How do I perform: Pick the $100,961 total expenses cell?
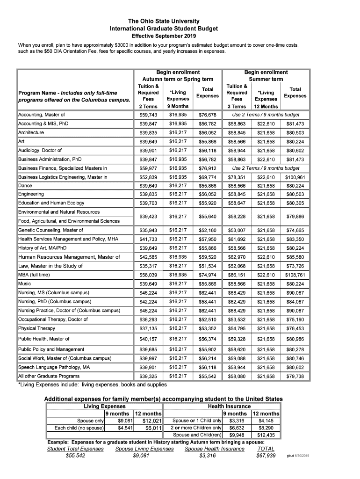coord(295,177)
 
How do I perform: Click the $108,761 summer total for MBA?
coord(295,275)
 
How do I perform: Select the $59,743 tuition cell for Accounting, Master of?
coord(148,115)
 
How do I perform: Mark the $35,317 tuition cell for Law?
coord(148,266)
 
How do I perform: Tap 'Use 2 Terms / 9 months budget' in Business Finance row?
coord(266,168)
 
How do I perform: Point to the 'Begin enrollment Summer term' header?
coord(266,76)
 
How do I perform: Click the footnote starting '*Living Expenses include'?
coord(92,385)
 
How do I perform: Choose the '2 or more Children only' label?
coord(196,428)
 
